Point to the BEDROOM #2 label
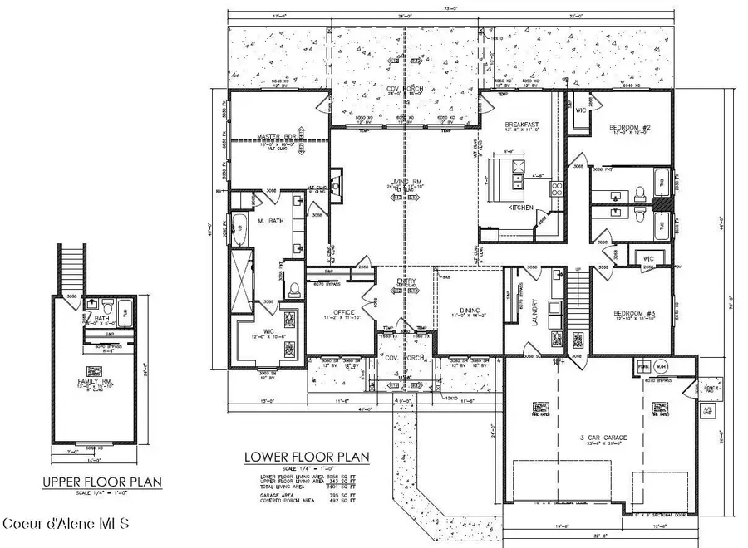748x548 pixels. tap(629, 127)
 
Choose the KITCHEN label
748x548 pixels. tap(521, 208)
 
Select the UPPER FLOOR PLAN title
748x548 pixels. tap(103, 482)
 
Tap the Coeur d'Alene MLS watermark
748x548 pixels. tap(66, 524)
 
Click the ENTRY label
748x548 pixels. tap(406, 281)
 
